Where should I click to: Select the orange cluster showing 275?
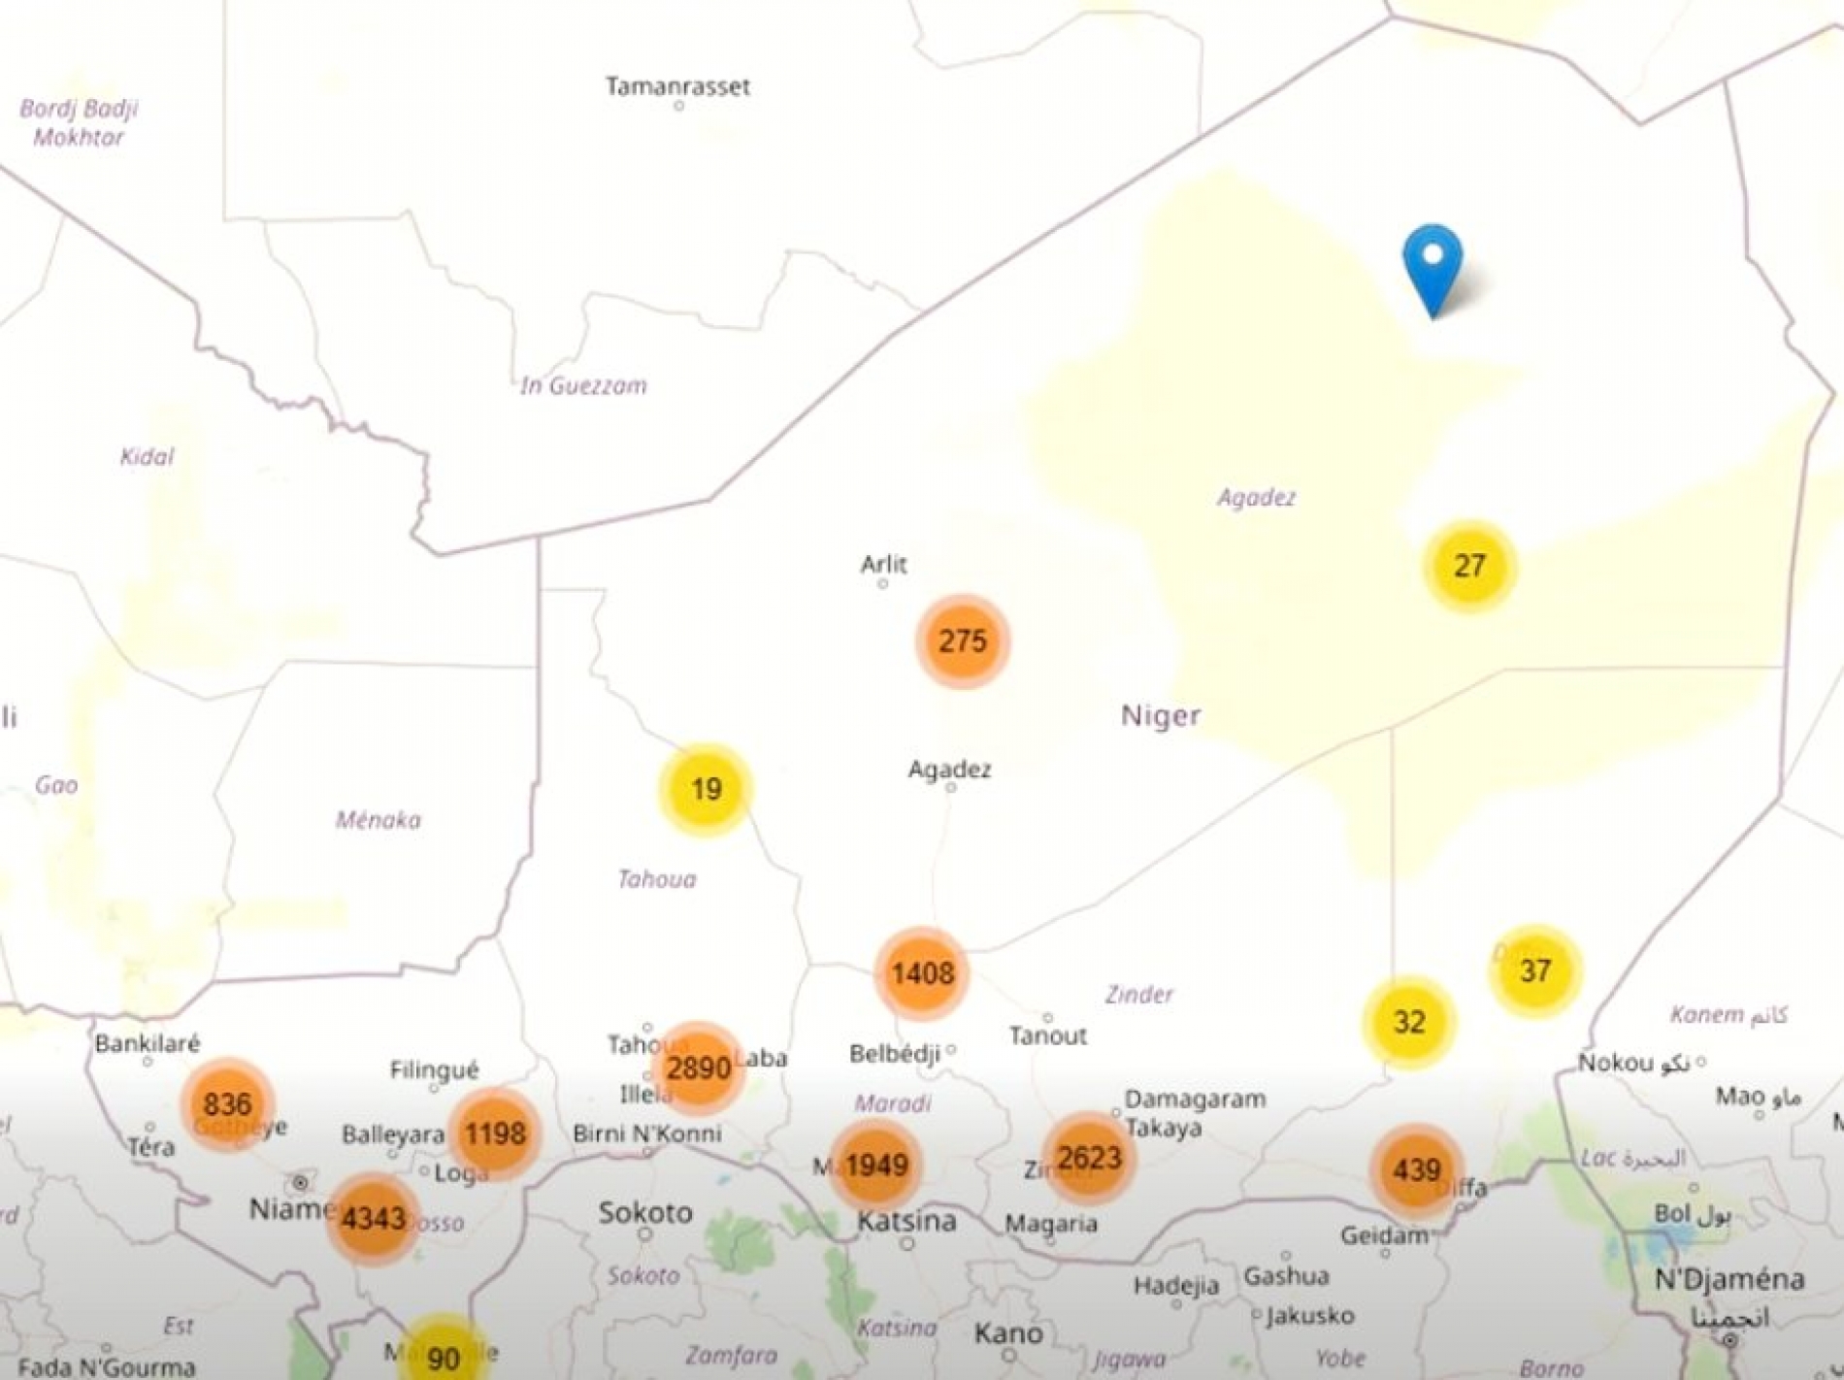[x=963, y=641]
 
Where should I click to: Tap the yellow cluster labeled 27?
[x=1469, y=566]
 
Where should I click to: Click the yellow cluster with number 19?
[x=706, y=789]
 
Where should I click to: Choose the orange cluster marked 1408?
[x=922, y=973]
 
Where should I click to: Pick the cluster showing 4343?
[x=374, y=1218]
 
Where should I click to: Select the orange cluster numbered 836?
[x=228, y=1104]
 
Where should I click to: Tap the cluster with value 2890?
[x=698, y=1068]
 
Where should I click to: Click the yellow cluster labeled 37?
[x=1534, y=970]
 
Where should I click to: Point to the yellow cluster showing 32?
[x=1408, y=1022]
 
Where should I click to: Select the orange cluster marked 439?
[x=1416, y=1170]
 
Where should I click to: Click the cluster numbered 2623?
[x=1089, y=1158]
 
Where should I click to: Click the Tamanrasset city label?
[x=677, y=86]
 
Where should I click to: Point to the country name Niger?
[x=1161, y=716]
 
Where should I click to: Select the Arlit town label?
[x=883, y=564]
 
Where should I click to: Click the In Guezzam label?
[x=583, y=386]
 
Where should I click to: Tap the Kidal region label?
[x=147, y=456]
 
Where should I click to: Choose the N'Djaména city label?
[x=1729, y=1279]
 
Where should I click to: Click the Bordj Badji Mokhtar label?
[x=79, y=122]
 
